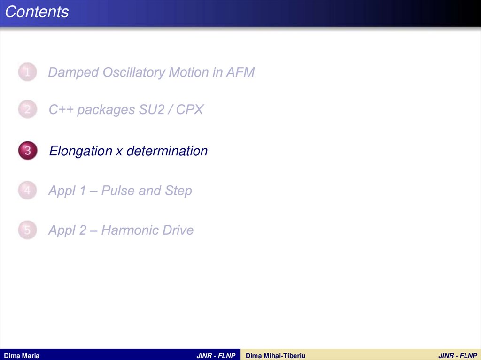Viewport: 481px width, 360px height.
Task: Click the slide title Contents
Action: point(37,12)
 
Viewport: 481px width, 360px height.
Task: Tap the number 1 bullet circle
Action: point(28,72)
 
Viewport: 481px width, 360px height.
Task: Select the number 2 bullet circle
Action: point(28,110)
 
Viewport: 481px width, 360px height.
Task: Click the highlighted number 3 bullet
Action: point(28,151)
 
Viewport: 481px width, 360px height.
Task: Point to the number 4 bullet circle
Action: point(28,191)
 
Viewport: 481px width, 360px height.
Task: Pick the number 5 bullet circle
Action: point(28,230)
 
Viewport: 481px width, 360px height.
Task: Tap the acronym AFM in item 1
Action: point(240,72)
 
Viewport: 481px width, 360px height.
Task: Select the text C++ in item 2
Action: point(61,110)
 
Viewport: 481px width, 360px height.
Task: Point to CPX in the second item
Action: point(190,110)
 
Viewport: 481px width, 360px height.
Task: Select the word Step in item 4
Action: point(178,191)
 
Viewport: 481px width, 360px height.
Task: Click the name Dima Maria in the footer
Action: point(22,356)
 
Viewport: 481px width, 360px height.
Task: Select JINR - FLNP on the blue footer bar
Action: point(216,356)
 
